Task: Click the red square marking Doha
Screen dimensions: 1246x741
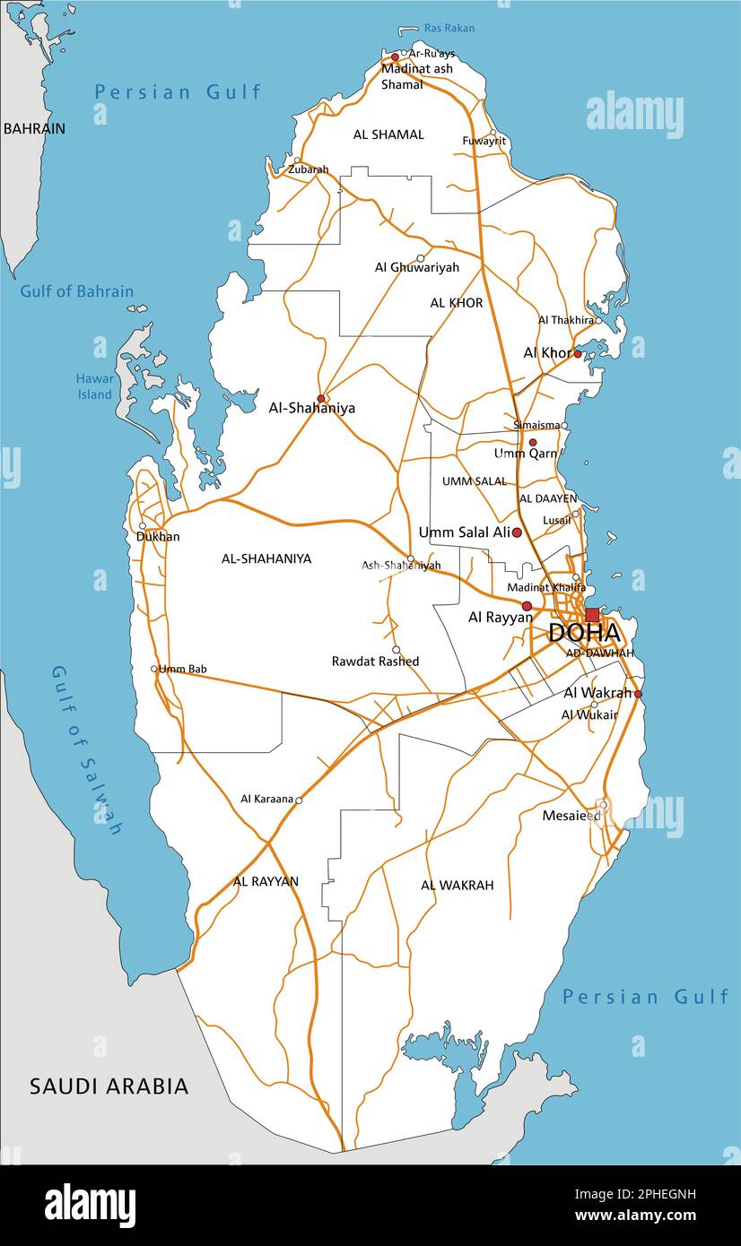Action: [x=592, y=615]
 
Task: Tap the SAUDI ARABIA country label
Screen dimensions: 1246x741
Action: [x=109, y=1086]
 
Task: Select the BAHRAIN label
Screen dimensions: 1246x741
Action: [x=34, y=128]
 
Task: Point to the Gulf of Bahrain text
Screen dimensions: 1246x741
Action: [x=77, y=291]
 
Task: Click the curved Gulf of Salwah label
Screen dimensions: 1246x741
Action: [x=86, y=749]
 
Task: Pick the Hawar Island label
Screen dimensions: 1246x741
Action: [x=94, y=386]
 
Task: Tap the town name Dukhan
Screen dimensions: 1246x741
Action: [x=158, y=537]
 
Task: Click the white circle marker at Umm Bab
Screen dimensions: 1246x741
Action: [x=153, y=669]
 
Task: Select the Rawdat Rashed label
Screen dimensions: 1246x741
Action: [x=375, y=662]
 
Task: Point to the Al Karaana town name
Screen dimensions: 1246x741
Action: [x=267, y=799]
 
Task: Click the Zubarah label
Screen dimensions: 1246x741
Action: [x=308, y=169]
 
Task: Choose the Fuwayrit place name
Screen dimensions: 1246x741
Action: [x=484, y=141]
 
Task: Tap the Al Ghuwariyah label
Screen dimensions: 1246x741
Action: [x=416, y=267]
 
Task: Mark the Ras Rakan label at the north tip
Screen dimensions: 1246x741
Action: [x=449, y=28]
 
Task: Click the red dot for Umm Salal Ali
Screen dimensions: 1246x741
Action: [x=517, y=532]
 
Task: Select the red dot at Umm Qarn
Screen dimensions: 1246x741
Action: [x=532, y=443]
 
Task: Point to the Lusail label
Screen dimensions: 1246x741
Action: [x=556, y=520]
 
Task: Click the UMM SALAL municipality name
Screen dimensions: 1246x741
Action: [x=474, y=481]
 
